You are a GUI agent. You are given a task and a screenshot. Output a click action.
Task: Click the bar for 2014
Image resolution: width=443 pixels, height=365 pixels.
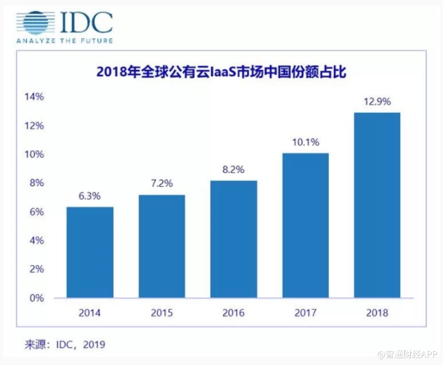click(x=90, y=252)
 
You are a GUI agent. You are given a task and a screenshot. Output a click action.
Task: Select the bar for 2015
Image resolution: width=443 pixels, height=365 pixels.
click(x=161, y=246)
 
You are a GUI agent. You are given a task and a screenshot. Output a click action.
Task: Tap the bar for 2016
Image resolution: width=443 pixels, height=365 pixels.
click(x=233, y=239)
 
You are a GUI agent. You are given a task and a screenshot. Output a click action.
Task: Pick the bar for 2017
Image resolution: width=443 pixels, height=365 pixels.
click(x=305, y=225)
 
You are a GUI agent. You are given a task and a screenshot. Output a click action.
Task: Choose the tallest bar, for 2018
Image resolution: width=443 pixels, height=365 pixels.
click(x=377, y=205)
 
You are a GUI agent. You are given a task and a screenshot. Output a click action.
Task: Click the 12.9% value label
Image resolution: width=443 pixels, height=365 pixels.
click(x=377, y=102)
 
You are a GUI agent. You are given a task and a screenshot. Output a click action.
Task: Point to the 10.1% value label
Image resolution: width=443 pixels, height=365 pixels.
click(x=306, y=142)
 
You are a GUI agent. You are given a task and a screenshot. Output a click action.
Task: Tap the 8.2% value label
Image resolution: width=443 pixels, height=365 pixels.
click(x=234, y=170)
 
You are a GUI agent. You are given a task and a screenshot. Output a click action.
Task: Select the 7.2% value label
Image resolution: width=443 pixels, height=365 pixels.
click(x=162, y=184)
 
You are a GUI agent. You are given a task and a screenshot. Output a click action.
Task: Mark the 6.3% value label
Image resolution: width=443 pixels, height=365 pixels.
click(x=90, y=196)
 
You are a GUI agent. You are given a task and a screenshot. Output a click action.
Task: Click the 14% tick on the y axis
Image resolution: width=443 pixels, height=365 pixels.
click(x=34, y=97)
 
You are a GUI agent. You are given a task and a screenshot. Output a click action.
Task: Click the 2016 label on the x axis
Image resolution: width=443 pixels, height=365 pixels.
click(x=233, y=313)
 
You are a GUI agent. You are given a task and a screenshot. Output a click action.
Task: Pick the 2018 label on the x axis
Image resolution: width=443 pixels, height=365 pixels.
click(x=377, y=313)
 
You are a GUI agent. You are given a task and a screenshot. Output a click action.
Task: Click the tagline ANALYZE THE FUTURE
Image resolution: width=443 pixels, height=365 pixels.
click(x=65, y=41)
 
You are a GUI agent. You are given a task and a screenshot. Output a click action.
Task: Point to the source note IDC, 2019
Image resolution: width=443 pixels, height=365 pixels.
click(x=65, y=344)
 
